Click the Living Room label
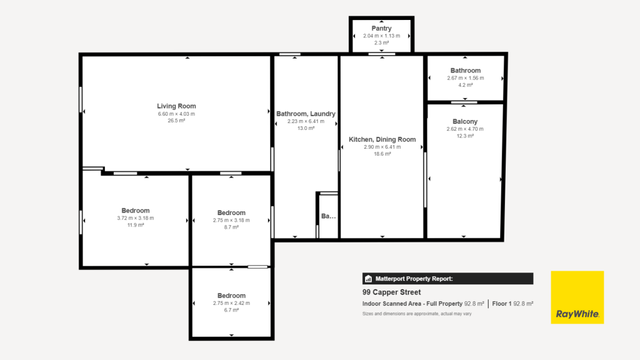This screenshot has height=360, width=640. (x=176, y=106)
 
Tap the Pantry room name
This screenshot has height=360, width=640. (x=381, y=28)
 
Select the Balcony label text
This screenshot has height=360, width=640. (x=465, y=121)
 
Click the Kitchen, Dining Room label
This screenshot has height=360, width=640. (x=382, y=139)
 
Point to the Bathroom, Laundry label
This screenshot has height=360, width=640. (x=306, y=114)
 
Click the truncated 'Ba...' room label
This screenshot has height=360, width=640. (x=328, y=216)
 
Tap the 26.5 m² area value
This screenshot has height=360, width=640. (x=176, y=121)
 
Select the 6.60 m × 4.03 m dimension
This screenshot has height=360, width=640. (x=176, y=114)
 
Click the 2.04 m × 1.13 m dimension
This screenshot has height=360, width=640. (x=381, y=36)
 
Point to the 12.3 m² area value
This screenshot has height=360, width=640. (x=465, y=136)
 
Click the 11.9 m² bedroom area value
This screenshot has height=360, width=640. (x=135, y=225)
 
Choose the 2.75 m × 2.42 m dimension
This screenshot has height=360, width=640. (x=231, y=303)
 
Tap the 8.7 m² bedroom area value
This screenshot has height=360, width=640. (x=231, y=227)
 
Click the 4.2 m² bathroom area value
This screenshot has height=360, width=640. (x=465, y=85)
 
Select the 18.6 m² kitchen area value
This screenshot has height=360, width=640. (x=382, y=154)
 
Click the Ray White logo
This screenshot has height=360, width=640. (x=577, y=297)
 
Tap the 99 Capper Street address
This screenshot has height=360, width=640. (x=391, y=292)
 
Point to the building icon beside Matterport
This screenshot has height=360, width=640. (x=369, y=279)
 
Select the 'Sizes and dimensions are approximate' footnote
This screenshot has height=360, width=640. (x=417, y=314)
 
